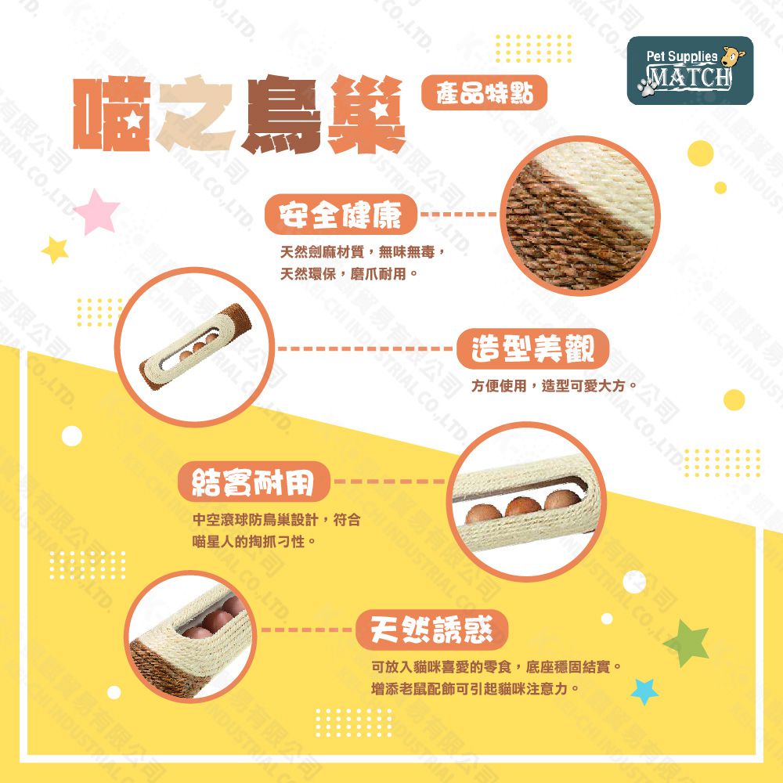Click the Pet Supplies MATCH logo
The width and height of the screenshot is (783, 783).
690,70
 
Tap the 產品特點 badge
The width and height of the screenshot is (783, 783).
485,93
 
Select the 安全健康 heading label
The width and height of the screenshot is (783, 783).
341,215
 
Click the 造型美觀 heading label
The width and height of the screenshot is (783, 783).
532,348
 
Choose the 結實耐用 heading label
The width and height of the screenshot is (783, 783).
254,482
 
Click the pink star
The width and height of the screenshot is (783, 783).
97,211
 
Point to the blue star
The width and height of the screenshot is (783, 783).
644,691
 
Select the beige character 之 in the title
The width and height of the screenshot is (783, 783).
196,115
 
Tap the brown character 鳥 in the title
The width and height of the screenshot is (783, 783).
280,115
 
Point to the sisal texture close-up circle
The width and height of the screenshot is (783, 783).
580,216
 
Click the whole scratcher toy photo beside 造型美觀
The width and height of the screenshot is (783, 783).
195,347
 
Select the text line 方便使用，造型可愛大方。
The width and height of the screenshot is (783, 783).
554,386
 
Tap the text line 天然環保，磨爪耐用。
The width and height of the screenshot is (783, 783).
348,274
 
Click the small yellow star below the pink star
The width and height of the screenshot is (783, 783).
55,250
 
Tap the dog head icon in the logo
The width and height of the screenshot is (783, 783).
734,56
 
